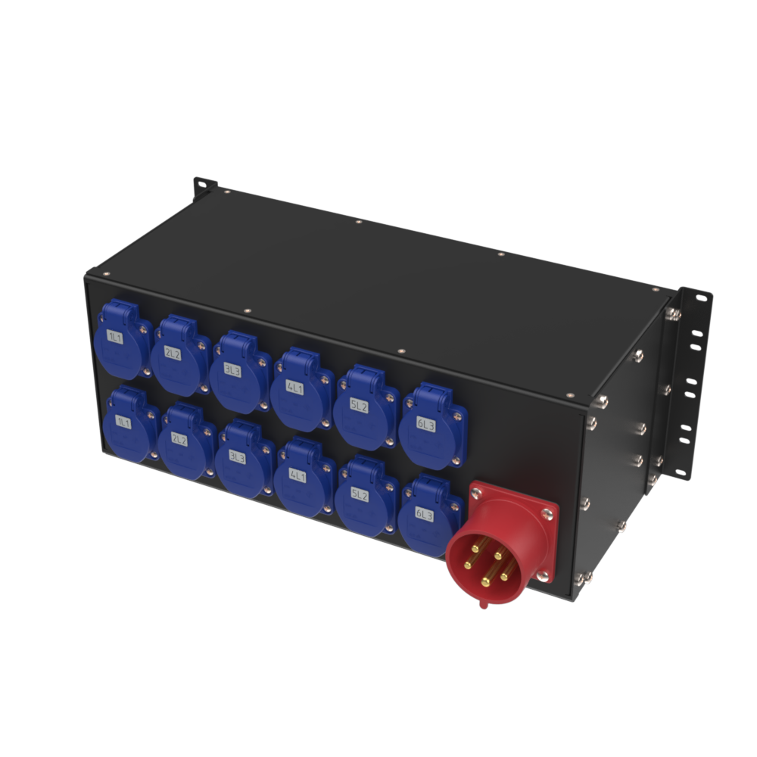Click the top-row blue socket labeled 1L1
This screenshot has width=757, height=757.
[x=123, y=339]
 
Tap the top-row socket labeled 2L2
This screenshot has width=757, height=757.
[x=180, y=355]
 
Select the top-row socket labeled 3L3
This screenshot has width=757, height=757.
[x=240, y=372]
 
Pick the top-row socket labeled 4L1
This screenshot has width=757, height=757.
[x=302, y=389]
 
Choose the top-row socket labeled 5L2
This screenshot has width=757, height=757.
[x=366, y=407]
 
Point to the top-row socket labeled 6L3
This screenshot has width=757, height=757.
[x=432, y=425]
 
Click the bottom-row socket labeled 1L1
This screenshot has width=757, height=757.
[x=130, y=423]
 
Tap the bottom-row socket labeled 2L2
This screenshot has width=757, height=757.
[x=186, y=441]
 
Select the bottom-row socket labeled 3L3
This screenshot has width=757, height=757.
[x=244, y=459]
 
